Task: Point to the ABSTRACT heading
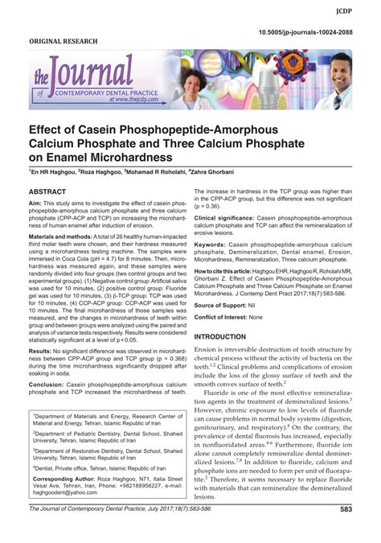coord(51,193)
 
